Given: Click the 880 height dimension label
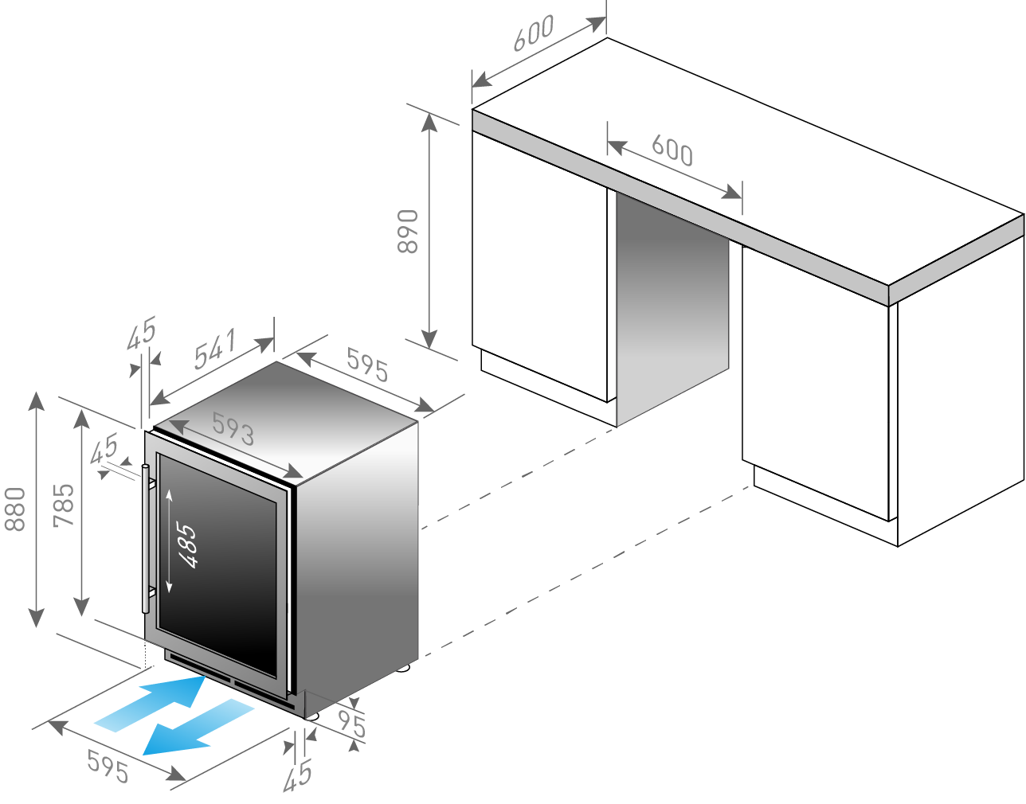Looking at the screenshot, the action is tap(15, 509).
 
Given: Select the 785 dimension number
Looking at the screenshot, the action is tap(64, 505).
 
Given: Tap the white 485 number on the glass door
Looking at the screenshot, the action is tap(186, 545).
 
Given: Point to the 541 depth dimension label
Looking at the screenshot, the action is tap(215, 349).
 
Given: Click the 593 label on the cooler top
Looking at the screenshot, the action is tap(233, 429).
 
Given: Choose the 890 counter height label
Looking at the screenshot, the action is tap(408, 231).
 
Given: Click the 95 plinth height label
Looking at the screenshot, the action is tap(352, 724).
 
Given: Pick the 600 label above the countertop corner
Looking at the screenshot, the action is tap(534, 33).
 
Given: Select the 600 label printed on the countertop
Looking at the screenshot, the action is tap(672, 150).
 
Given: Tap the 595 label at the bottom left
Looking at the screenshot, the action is tap(108, 767).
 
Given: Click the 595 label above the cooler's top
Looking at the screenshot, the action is tap(367, 365).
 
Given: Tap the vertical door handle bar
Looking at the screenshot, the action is tap(146, 538).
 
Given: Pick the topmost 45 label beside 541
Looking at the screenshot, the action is tap(141, 333).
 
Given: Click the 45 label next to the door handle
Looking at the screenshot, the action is tap(104, 449).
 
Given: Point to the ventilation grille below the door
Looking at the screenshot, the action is tap(231, 682).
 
